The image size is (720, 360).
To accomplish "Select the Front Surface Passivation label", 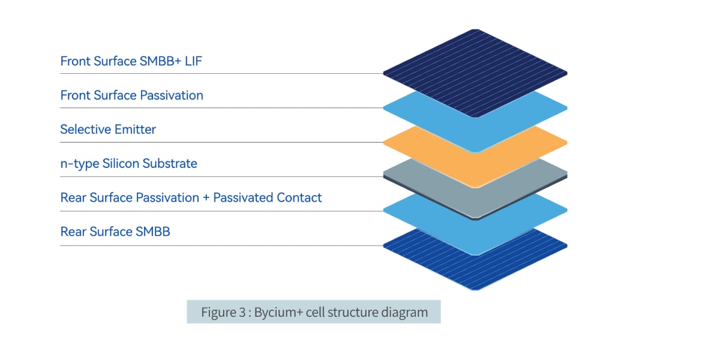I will pyautogui.click(x=131, y=95).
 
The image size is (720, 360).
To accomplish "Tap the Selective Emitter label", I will pyautogui.click(x=108, y=130).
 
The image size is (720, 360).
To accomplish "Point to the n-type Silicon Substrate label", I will pyautogui.click(x=128, y=164).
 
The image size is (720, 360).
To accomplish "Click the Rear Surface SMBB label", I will pyautogui.click(x=115, y=232).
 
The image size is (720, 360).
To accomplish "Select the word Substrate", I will pyautogui.click(x=170, y=164).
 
